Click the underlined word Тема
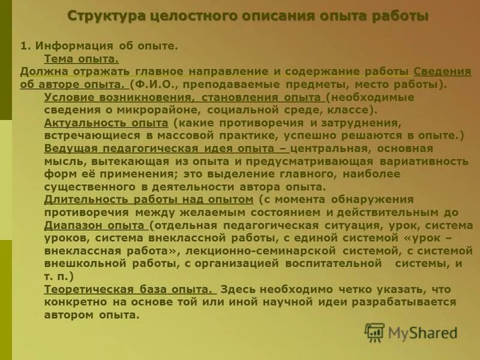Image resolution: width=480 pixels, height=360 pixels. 59,58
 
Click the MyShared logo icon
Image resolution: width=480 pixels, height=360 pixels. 374,332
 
